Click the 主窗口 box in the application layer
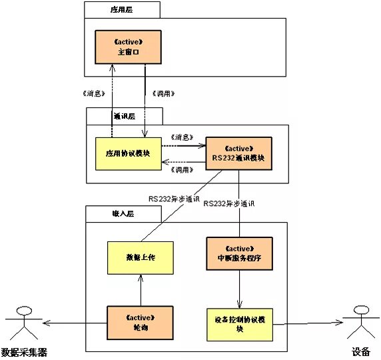pos(127,46)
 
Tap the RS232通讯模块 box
pos(238,153)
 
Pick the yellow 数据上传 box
pos(141,257)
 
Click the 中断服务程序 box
pos(238,253)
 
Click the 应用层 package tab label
pos(122,10)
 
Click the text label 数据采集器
pos(25,351)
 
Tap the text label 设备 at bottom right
pos(360,351)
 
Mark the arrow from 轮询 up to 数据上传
pos(141,291)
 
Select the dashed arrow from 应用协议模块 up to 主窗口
pos(111,100)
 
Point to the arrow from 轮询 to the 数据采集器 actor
pos(73,323)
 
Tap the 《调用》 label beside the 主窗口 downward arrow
pos(165,93)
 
